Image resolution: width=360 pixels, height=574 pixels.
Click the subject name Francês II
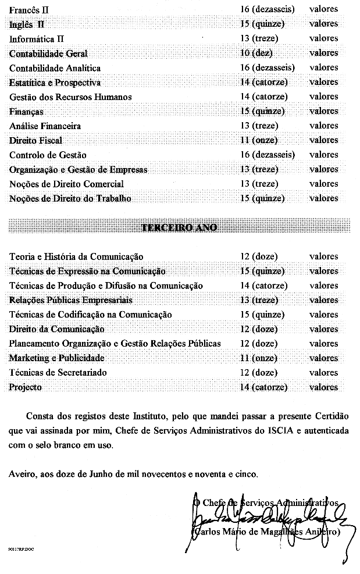pyautogui.click(x=29, y=9)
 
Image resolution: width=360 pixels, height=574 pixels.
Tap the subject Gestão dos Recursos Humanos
pyautogui.click(x=70, y=97)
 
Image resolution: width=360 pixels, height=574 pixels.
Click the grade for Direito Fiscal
pyautogui.click(x=259, y=140)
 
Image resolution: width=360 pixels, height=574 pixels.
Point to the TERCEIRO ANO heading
pyautogui.click(x=179, y=227)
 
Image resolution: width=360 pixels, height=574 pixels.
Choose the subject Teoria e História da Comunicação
pyautogui.click(x=76, y=256)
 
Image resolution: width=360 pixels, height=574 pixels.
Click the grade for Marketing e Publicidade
pyautogui.click(x=259, y=358)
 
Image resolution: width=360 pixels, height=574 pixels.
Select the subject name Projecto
pyautogui.click(x=26, y=387)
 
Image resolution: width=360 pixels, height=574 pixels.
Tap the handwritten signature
pyautogui.click(x=268, y=518)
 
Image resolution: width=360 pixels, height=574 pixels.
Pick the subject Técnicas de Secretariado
pyautogui.click(x=58, y=373)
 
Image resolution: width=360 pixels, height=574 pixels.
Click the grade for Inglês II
pyautogui.click(x=262, y=24)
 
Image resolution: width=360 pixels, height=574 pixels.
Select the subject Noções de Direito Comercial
pyautogui.click(x=66, y=184)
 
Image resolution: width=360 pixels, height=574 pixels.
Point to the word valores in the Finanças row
pyautogui.click(x=323, y=111)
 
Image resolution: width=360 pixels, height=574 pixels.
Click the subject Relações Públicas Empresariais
pyautogui.click(x=70, y=300)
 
